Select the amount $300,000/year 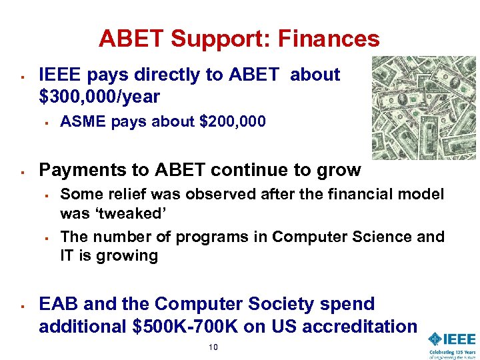(99, 97)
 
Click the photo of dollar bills (424, 107)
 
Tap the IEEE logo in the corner (452, 339)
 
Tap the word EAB (57, 304)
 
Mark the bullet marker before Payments (23, 171)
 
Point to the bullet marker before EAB (23, 305)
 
